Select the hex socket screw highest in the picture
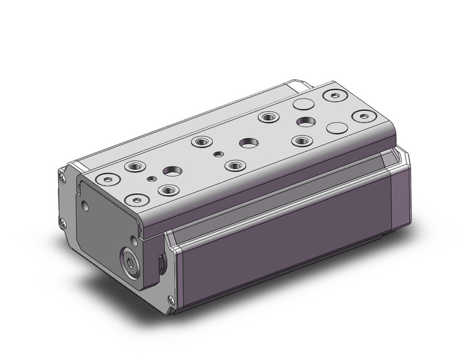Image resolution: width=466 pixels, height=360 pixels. (333, 96)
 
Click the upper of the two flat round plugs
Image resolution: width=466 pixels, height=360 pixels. (302, 104)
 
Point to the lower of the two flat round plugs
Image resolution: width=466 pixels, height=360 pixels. (336, 128)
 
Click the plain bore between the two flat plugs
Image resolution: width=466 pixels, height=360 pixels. (304, 120)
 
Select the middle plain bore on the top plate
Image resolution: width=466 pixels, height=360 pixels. (248, 142)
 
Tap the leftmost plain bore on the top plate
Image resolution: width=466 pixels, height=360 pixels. (171, 172)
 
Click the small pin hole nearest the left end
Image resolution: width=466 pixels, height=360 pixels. (151, 179)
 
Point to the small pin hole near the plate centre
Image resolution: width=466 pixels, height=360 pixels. (218, 155)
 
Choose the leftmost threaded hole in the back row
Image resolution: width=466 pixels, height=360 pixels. (133, 166)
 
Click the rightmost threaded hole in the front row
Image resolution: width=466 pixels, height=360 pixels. (300, 141)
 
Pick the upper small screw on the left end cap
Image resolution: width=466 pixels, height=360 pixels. (64, 178)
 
